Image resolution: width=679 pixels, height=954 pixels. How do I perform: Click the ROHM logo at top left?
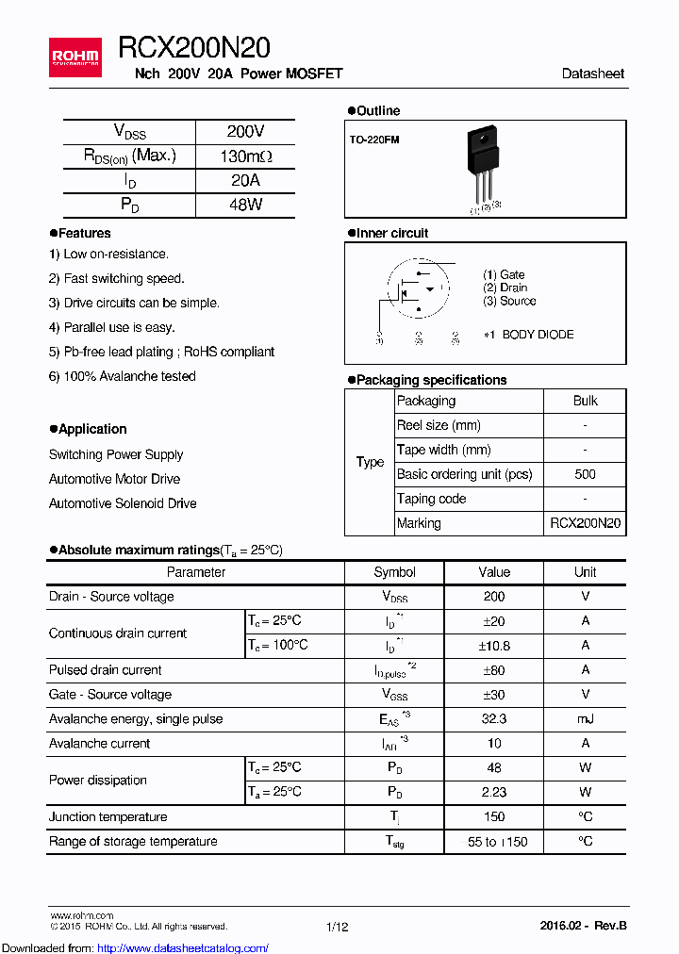(x=75, y=58)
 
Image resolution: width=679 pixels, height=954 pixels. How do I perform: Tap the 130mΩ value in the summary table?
(x=245, y=156)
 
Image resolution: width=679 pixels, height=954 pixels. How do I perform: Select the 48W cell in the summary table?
(x=245, y=205)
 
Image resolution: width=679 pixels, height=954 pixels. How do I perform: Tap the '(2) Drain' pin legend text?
(x=505, y=288)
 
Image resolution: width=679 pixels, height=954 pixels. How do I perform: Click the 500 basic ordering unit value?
(x=585, y=474)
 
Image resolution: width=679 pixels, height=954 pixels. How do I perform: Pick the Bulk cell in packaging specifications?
(x=585, y=401)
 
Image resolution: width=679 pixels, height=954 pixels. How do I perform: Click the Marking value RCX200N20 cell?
(x=585, y=523)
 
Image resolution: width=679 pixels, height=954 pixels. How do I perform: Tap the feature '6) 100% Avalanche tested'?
(x=123, y=376)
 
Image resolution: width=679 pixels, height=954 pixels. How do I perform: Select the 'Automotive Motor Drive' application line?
(x=114, y=479)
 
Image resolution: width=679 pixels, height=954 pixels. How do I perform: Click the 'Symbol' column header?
(x=394, y=572)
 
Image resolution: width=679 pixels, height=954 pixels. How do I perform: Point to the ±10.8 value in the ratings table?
(x=494, y=646)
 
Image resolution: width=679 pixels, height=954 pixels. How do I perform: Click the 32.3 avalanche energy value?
(x=494, y=719)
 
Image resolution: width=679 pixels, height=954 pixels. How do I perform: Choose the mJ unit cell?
(x=585, y=719)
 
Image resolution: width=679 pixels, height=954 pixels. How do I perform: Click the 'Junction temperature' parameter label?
(x=108, y=817)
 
